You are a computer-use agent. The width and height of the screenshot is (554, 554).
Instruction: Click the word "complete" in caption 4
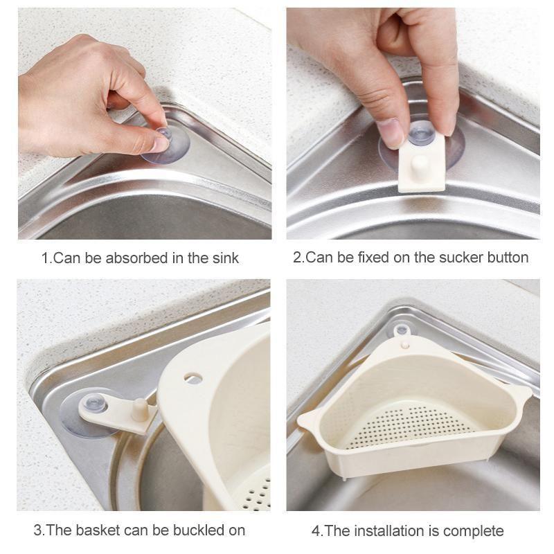tap(473, 531)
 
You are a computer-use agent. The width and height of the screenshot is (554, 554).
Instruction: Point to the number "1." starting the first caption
tap(46, 258)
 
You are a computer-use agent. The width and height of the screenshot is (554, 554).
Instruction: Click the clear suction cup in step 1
tap(165, 143)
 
